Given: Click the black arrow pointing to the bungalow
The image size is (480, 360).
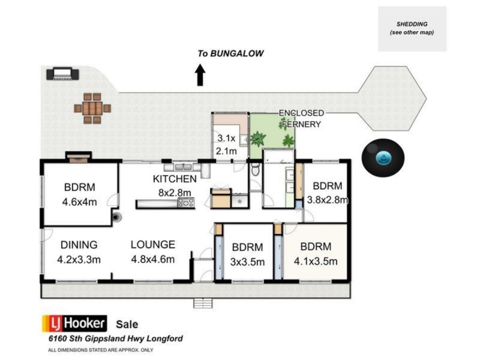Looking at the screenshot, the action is [x=200, y=75].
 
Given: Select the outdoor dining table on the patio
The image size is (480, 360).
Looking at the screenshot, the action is [x=92, y=109].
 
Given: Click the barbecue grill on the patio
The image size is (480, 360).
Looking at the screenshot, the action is [x=62, y=74].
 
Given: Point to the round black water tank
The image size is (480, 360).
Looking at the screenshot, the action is [x=383, y=158].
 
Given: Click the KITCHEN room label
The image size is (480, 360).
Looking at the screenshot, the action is [x=175, y=179].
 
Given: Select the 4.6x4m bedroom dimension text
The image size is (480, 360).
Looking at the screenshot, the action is [x=80, y=202].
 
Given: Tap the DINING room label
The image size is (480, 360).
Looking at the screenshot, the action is [x=79, y=245].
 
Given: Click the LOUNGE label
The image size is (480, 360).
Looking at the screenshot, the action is [x=153, y=245].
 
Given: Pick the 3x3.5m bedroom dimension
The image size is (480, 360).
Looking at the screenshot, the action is [x=247, y=262].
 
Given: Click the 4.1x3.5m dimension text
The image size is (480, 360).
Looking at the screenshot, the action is [x=316, y=262].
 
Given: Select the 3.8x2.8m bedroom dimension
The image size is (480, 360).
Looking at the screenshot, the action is [x=328, y=200].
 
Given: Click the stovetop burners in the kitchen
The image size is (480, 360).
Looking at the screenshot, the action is [x=186, y=202].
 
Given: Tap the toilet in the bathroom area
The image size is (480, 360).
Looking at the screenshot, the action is [x=256, y=169].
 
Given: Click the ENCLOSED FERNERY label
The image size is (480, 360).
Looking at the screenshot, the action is [x=302, y=118].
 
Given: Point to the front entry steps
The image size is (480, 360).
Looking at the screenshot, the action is [x=203, y=303].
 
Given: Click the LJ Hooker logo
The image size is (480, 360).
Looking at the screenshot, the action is [x=74, y=323].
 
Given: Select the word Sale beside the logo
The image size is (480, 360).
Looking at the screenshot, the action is [x=127, y=325].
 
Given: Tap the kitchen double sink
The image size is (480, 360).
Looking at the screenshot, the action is [x=184, y=167].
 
